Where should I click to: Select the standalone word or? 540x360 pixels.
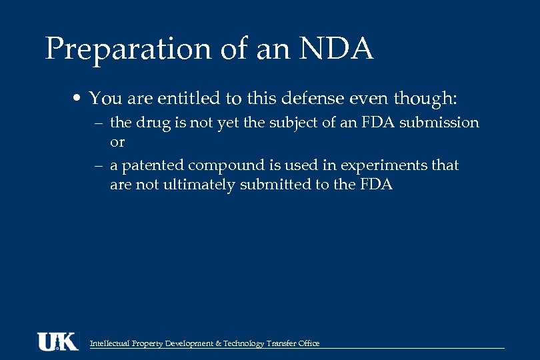[x=117, y=142]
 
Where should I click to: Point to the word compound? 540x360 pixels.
[x=226, y=165]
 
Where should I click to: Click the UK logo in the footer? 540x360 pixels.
[x=57, y=341]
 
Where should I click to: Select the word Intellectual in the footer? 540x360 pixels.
[x=109, y=344]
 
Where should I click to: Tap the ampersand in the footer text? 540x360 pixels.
[x=219, y=344]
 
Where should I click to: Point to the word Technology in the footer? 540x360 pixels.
[x=244, y=344]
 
